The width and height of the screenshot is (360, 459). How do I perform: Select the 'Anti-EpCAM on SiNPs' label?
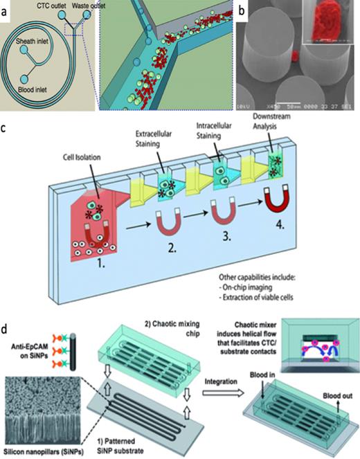(x=26, y=350)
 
